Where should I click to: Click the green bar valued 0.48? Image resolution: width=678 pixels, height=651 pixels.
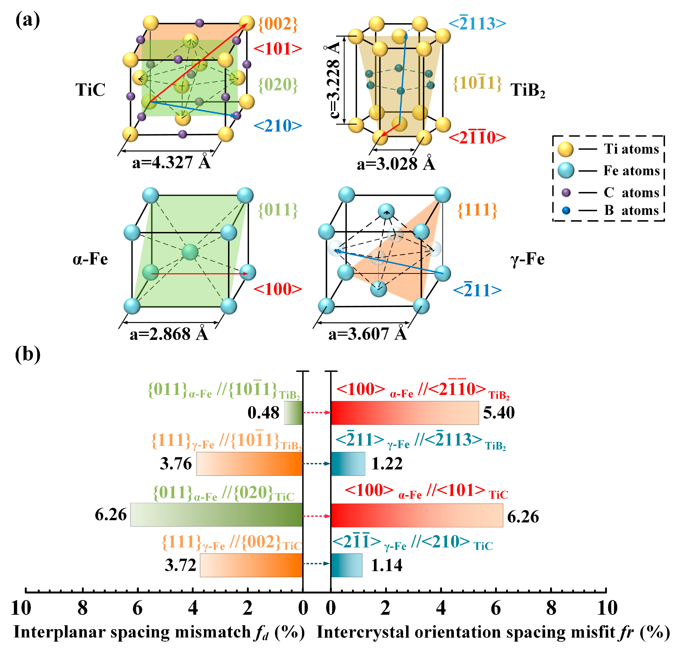pyautogui.click(x=293, y=413)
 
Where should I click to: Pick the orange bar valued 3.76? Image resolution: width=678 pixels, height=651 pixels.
pyautogui.click(x=249, y=464)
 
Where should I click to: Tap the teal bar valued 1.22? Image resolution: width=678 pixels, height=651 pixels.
pyautogui.click(x=348, y=464)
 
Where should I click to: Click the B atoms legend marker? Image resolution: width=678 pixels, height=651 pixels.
pyautogui.click(x=566, y=210)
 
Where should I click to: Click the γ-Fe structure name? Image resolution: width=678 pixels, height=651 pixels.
pyautogui.click(x=527, y=259)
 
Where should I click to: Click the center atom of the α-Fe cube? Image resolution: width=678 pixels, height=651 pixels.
pyautogui.click(x=190, y=252)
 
